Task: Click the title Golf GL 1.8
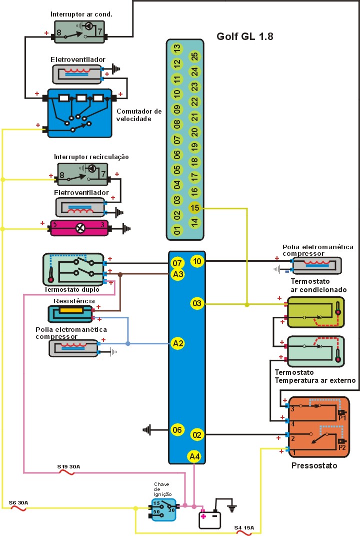[x=245, y=37]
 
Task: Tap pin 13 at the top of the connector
[x=176, y=49]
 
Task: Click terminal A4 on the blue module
[x=194, y=456]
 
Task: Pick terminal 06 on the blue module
[x=177, y=429]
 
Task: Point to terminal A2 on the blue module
[x=177, y=343]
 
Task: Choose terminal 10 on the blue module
[x=196, y=261]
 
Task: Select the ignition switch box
[x=163, y=509]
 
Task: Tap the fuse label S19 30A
[x=68, y=466]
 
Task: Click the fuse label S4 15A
[x=244, y=527]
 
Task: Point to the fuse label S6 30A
[x=18, y=502]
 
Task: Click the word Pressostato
[x=314, y=465]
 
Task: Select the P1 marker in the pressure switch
[x=342, y=417]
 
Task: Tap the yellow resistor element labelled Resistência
[x=71, y=311]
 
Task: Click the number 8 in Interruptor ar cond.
[x=58, y=33]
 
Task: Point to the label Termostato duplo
[x=71, y=289]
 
